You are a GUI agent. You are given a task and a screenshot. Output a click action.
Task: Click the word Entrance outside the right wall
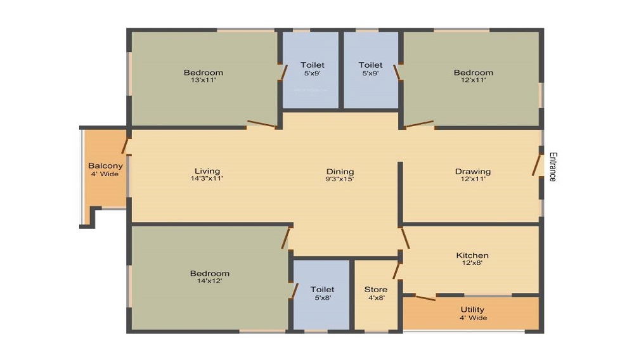(x=553, y=167)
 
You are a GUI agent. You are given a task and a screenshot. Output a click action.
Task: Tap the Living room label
(x=207, y=171)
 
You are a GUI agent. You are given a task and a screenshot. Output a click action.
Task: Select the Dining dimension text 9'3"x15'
(x=340, y=179)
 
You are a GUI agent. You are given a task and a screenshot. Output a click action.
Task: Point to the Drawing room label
(x=473, y=171)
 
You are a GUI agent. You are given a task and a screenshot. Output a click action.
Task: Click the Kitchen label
(x=472, y=255)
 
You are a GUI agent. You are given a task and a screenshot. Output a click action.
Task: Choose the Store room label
(x=375, y=289)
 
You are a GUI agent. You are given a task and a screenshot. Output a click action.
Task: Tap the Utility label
(x=472, y=309)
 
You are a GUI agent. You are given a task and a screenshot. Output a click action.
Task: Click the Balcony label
(x=105, y=165)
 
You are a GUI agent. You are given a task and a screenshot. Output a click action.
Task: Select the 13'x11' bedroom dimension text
(x=204, y=80)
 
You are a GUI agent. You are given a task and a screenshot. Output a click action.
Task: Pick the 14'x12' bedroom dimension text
(x=209, y=281)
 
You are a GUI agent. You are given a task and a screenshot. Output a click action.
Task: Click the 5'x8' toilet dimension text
(x=323, y=298)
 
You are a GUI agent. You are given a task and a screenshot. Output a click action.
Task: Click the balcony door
(x=125, y=146)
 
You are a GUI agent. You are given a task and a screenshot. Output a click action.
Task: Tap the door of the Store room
(x=396, y=271)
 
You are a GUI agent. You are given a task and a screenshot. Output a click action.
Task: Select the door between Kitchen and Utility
(x=425, y=298)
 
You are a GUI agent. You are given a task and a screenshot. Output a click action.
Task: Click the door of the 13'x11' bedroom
(x=262, y=124)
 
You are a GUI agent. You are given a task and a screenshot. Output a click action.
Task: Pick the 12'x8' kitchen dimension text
(x=472, y=263)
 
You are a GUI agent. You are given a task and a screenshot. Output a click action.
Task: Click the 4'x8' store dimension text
(x=376, y=298)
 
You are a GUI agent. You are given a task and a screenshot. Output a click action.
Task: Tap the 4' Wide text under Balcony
(x=105, y=174)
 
